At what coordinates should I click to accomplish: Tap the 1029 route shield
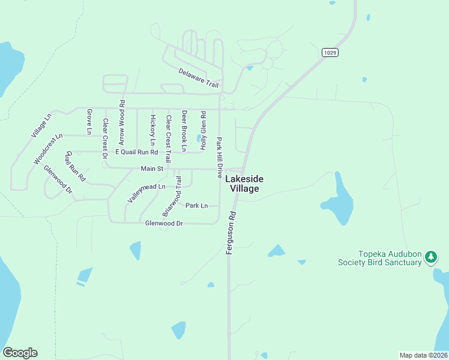[330, 53]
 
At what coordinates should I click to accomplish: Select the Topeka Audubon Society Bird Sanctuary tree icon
[430, 257]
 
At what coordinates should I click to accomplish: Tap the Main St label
[152, 169]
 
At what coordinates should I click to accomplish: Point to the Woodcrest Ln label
[48, 149]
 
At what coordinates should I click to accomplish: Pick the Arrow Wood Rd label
[122, 122]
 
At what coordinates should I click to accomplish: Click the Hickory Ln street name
[153, 130]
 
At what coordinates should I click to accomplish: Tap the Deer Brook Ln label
[184, 130]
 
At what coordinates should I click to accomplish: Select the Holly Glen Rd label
[203, 130]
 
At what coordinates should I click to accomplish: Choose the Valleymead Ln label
[146, 191]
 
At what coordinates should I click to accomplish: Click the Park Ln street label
[196, 206]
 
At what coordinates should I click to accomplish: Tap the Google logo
[20, 353]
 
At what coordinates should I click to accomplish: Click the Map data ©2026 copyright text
[424, 355]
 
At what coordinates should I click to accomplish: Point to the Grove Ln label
[89, 122]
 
